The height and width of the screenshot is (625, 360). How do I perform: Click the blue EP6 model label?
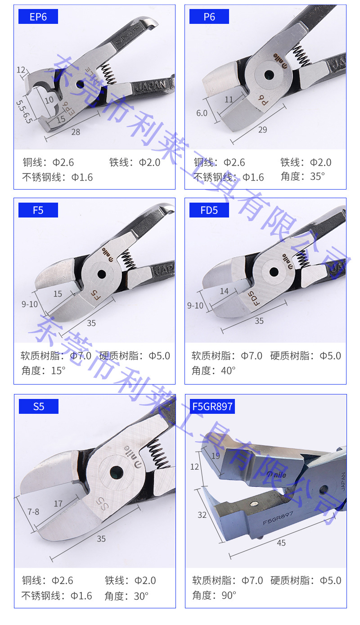tap(38, 17)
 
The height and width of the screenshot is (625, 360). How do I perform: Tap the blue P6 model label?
tap(209, 17)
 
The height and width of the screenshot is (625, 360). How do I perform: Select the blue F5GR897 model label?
tap(212, 407)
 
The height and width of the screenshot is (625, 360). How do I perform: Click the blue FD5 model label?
tap(209, 210)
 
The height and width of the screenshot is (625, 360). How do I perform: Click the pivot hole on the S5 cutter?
tap(116, 471)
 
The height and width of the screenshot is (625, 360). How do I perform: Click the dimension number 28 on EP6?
tap(75, 132)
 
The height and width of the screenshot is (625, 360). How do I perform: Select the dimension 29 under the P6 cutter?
tap(262, 130)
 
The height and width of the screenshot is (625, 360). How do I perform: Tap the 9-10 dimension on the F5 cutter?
tap(30, 304)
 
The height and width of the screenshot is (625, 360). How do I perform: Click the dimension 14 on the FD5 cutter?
tap(224, 291)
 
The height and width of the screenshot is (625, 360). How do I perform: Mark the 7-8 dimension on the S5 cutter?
tap(33, 512)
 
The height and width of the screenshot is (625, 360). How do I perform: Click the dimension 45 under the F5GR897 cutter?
tap(281, 543)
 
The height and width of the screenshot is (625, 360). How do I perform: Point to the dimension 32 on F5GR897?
tap(202, 515)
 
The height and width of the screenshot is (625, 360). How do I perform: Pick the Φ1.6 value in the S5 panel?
tap(81, 596)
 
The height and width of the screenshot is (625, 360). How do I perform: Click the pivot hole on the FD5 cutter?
tap(274, 272)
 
